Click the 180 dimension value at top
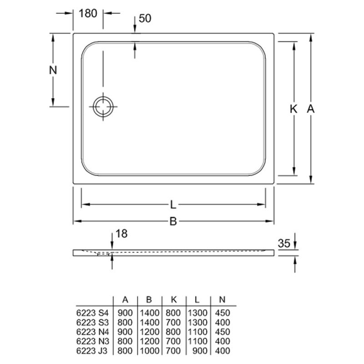click(x=88, y=14)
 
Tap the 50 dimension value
click(x=145, y=18)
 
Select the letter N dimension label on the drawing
click(x=53, y=70)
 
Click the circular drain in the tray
click(x=103, y=107)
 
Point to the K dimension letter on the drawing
click(x=293, y=109)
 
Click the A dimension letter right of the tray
click(x=310, y=109)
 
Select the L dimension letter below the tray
click(x=173, y=205)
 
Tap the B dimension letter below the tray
click(x=173, y=221)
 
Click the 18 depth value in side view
click(x=121, y=233)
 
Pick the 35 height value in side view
click(x=284, y=243)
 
